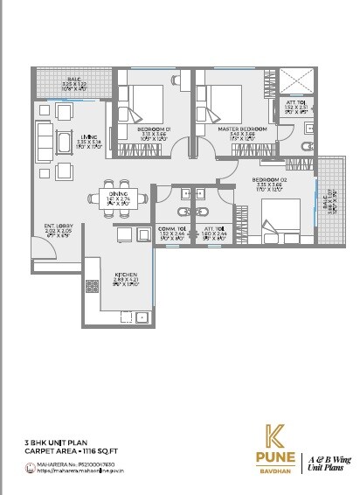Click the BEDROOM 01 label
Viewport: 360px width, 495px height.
[155, 129]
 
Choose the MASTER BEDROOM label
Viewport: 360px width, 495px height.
[236, 129]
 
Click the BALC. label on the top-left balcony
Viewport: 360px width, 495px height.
[74, 79]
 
